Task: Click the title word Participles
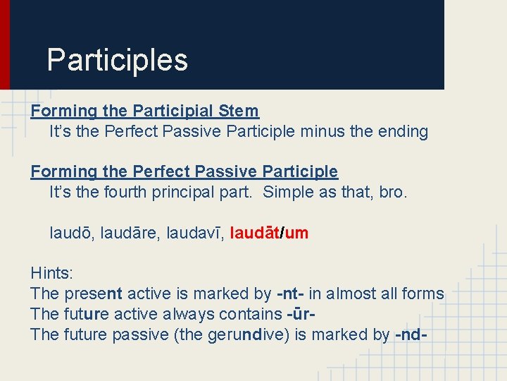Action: coord(117,61)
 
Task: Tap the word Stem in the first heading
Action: coord(239,111)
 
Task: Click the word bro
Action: coord(394,192)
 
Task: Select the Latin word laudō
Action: coord(68,233)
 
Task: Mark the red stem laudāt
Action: coord(255,233)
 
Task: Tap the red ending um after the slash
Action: coord(296,233)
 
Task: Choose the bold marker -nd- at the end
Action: coord(410,334)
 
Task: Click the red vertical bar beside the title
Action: coord(4,44)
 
